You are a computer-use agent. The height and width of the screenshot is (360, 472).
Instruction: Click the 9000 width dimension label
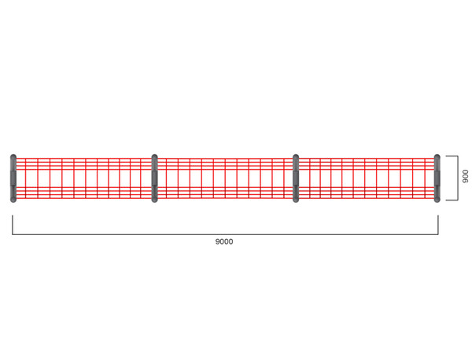(224, 241)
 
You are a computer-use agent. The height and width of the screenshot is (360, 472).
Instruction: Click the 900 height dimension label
(466, 176)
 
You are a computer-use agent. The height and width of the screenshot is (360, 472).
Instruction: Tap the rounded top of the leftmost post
(13, 156)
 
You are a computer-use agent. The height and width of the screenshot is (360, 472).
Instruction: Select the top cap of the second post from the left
(154, 156)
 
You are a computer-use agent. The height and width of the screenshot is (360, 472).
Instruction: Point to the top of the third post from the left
(296, 156)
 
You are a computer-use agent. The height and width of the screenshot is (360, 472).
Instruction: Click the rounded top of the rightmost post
(437, 156)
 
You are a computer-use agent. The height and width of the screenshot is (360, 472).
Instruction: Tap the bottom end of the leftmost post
(13, 200)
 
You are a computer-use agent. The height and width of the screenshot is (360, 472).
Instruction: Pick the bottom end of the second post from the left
(154, 200)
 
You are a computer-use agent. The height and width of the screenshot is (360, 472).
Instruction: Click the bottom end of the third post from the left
(296, 200)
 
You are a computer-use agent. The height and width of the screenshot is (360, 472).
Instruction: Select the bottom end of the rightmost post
(437, 200)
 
